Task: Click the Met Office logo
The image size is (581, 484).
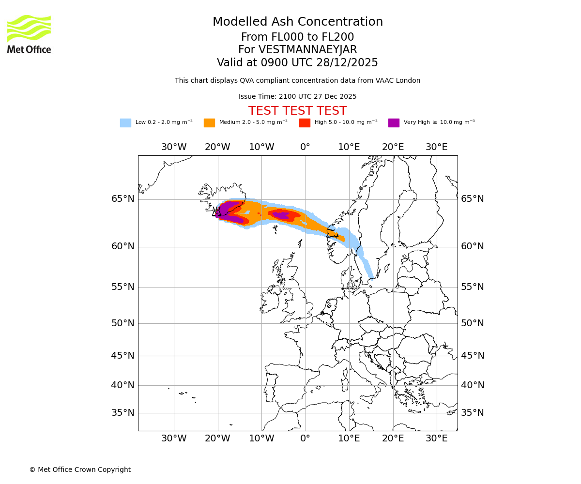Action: (x=29, y=34)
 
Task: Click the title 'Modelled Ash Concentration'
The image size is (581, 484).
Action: (x=298, y=22)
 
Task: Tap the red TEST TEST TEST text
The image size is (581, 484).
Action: (x=297, y=111)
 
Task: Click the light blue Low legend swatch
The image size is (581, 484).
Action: (x=125, y=123)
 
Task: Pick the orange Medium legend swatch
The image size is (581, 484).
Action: (x=209, y=123)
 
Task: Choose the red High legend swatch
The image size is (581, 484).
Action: (x=305, y=123)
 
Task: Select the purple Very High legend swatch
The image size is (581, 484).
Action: (x=394, y=123)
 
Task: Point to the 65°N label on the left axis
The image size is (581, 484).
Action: (x=123, y=199)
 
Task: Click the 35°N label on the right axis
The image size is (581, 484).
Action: (x=472, y=413)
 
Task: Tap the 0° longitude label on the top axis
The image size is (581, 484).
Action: (x=305, y=147)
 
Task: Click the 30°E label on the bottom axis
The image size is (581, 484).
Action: (x=437, y=439)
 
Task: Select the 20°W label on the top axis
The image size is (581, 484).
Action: (x=217, y=147)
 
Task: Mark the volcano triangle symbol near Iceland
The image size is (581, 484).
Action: (x=216, y=212)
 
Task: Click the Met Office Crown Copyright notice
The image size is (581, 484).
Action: (x=80, y=469)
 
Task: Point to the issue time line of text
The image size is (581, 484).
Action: (x=297, y=96)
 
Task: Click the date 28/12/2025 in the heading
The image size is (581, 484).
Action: (x=347, y=63)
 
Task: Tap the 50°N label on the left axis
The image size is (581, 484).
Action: (x=123, y=323)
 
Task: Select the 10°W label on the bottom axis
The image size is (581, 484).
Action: (x=261, y=439)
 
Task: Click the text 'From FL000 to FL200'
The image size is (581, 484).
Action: (x=297, y=37)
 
